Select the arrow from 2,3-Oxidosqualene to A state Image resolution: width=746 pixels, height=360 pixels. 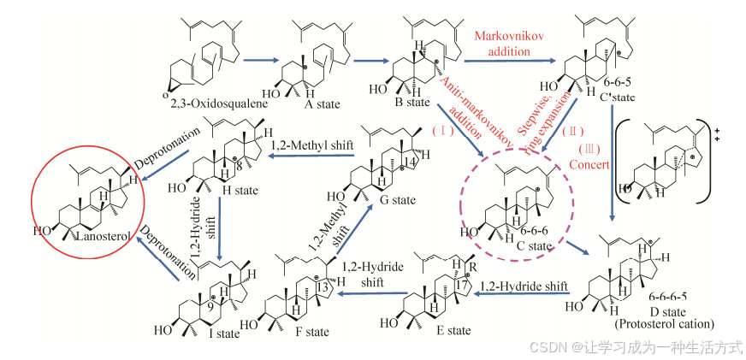click(x=262, y=60)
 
